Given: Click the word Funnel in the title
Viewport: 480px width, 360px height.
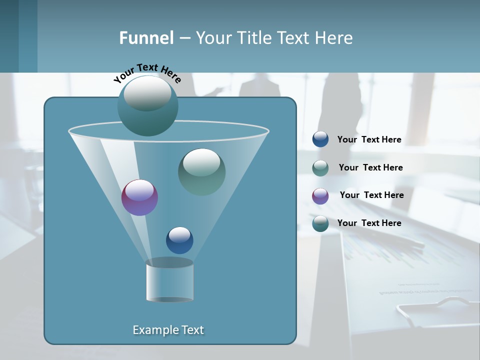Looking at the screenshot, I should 146,38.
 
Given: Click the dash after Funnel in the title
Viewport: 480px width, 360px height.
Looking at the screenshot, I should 184,38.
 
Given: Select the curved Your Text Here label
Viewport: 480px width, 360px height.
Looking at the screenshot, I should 147,73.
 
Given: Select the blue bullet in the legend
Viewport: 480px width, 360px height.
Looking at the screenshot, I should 320,139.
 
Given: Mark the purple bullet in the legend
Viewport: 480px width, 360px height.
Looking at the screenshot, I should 320,195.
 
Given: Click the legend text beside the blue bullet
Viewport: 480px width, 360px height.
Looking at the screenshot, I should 369,139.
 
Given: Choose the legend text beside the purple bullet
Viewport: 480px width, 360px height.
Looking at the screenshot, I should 371,195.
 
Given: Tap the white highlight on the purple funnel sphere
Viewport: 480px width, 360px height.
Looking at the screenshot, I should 139,190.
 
